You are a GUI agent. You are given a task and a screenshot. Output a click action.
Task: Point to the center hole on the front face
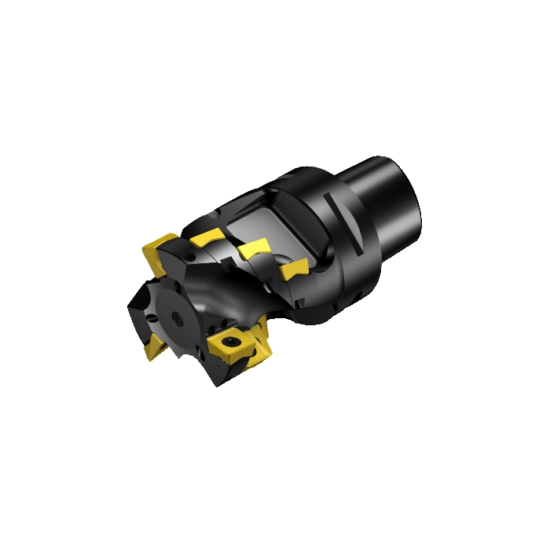point(180,320)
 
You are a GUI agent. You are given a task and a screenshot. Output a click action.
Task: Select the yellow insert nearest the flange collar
point(292,269)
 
